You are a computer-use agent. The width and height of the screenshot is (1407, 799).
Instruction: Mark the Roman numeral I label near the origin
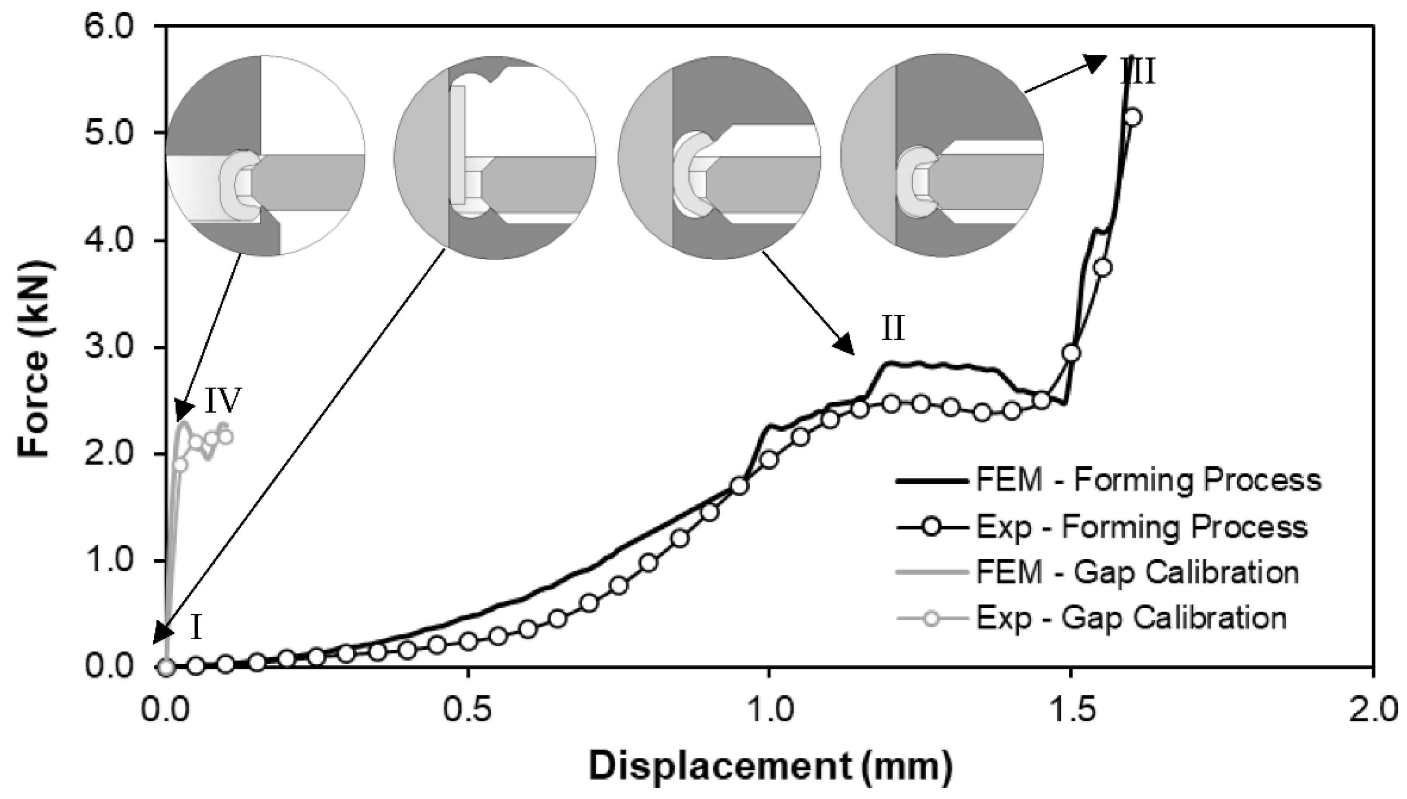[197, 629]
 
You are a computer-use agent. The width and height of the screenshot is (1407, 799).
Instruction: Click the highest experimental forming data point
[1133, 117]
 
